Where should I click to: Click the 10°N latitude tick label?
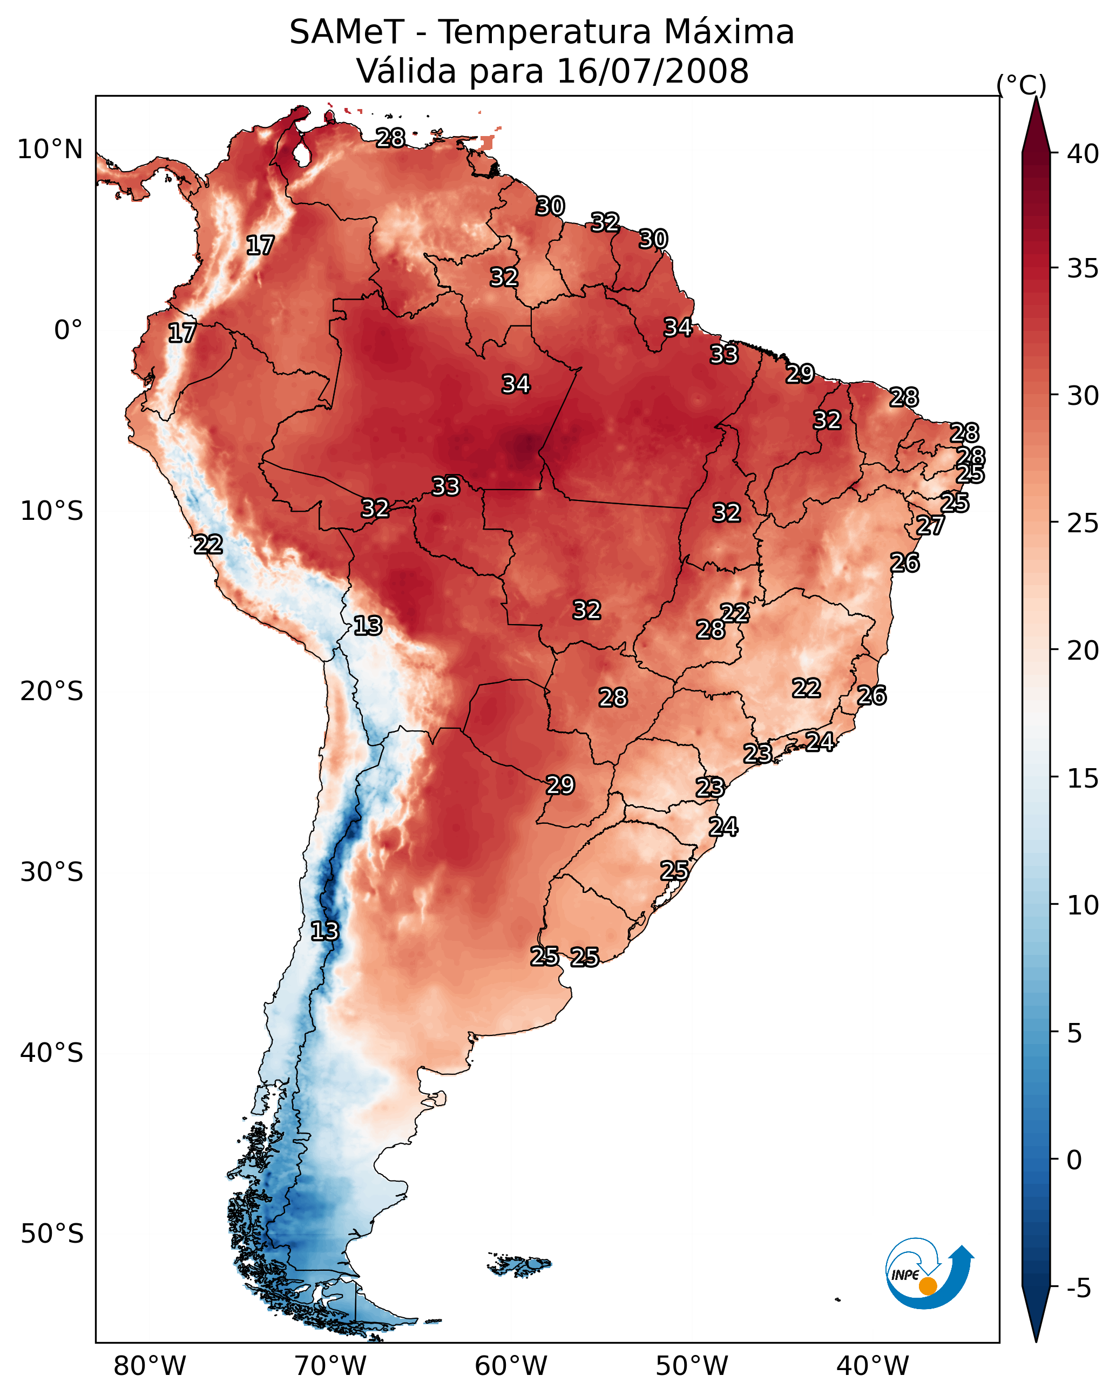(x=50, y=150)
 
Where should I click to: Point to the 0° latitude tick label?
(x=69, y=330)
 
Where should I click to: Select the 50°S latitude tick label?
(x=52, y=1234)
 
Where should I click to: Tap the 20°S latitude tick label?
(x=52, y=692)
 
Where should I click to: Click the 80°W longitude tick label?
(x=150, y=1366)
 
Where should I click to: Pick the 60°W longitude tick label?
(x=511, y=1366)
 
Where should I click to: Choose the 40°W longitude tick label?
(x=872, y=1366)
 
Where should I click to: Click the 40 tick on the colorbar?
(x=1083, y=154)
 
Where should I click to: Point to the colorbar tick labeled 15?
(x=1083, y=778)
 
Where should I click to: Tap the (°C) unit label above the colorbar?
(x=1022, y=85)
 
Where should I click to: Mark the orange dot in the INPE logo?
(x=928, y=1286)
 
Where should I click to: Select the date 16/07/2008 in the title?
(x=652, y=71)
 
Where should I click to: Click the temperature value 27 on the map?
(x=930, y=525)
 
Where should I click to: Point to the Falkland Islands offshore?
(x=520, y=1263)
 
